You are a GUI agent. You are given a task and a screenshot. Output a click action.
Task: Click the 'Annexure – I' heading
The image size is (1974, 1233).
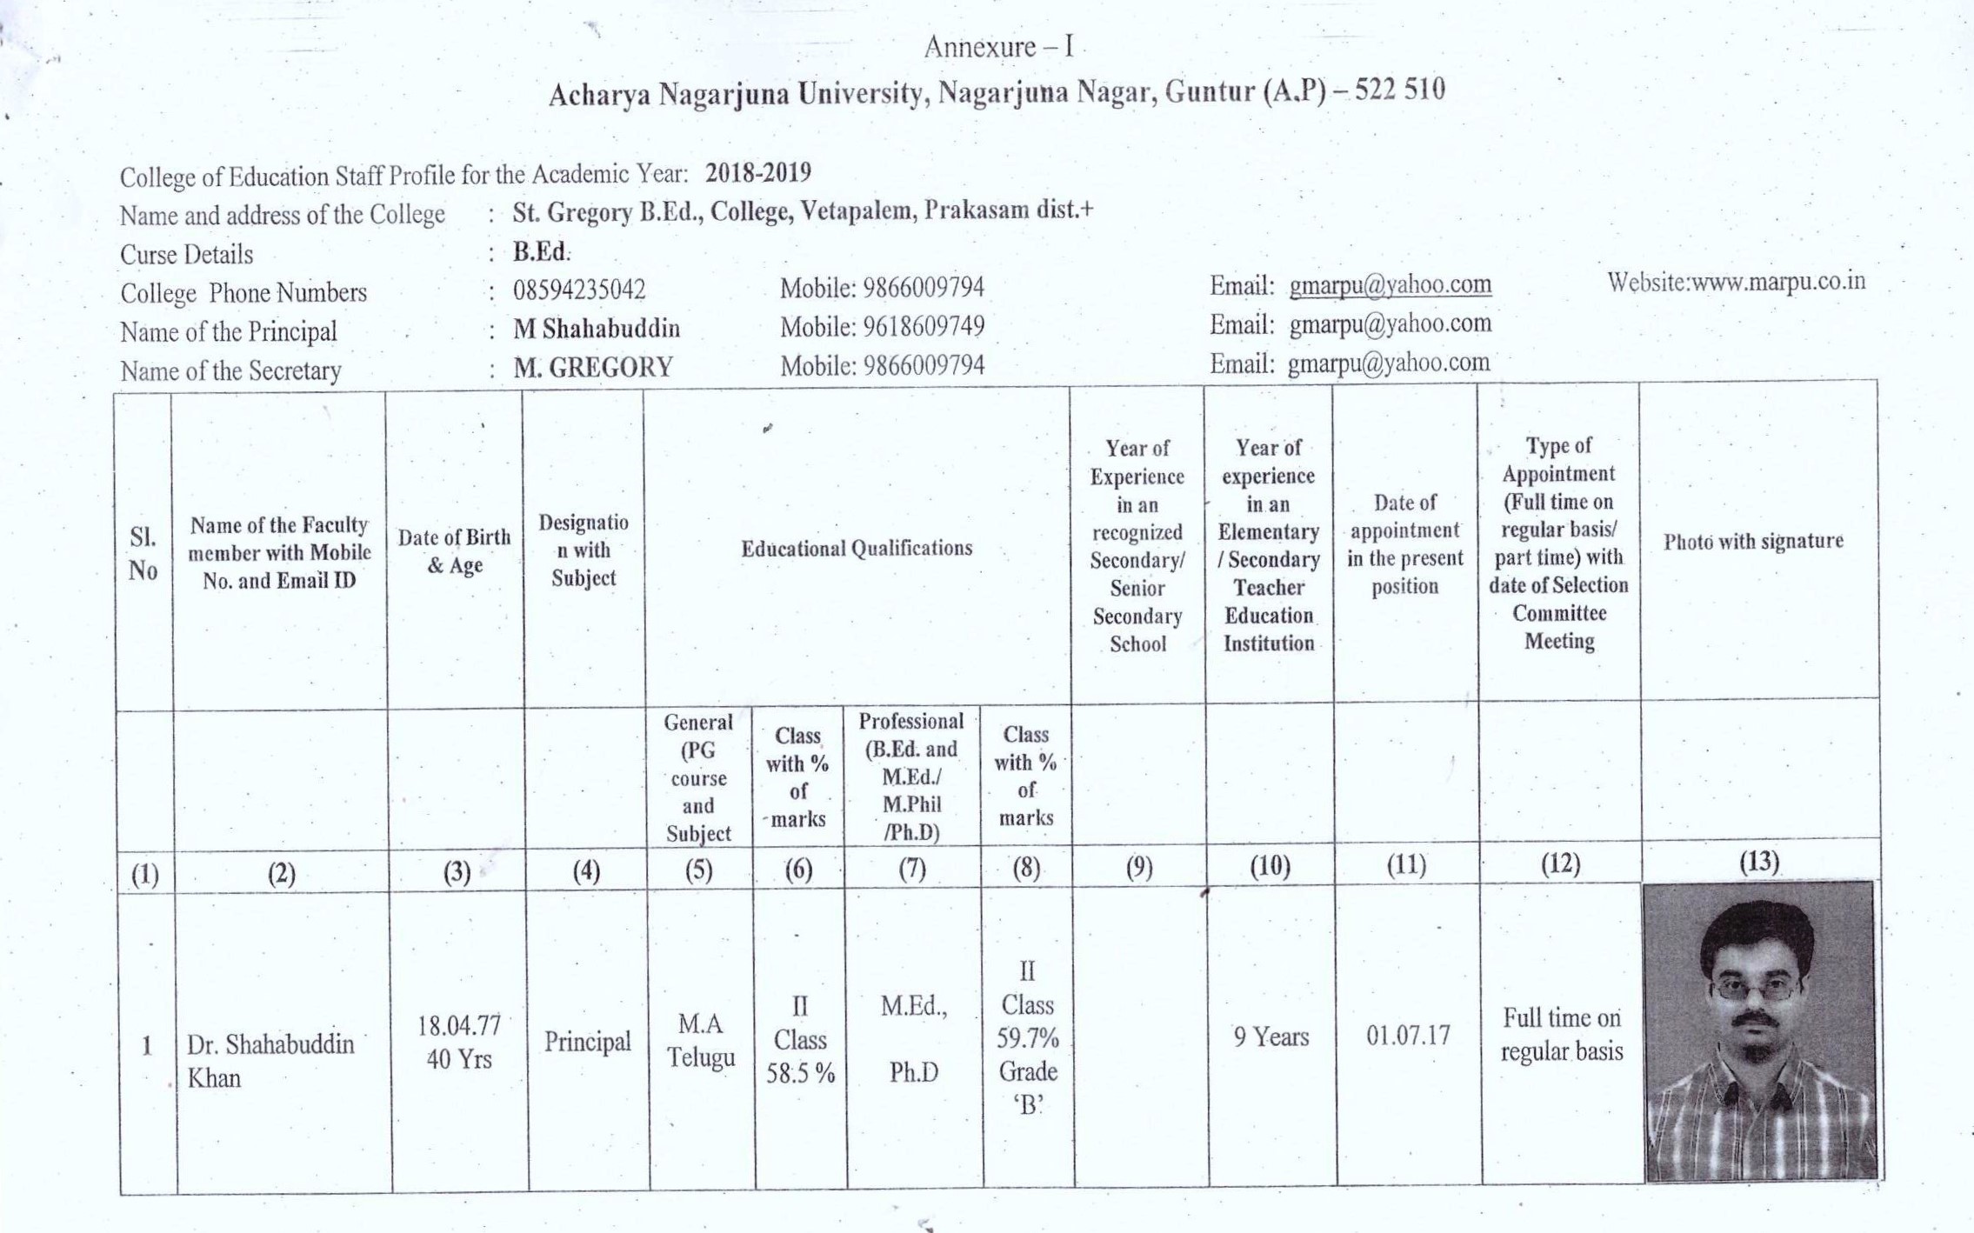pos(998,47)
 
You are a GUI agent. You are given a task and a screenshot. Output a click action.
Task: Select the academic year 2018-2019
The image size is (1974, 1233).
pos(757,173)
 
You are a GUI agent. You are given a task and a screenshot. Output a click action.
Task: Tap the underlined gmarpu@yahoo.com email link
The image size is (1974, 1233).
pos(1390,285)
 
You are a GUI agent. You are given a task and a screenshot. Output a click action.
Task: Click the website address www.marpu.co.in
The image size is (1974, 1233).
pos(1736,282)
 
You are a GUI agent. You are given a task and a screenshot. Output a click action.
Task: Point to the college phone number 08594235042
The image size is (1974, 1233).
pos(579,290)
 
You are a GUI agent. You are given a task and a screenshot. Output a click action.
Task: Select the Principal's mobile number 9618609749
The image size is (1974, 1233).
pos(924,327)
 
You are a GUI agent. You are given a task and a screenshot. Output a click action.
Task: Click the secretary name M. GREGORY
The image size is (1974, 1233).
pos(593,368)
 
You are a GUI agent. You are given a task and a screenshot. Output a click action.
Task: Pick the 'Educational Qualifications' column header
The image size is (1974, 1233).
pos(857,549)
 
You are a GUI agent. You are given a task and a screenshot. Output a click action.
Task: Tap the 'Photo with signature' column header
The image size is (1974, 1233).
pos(1753,542)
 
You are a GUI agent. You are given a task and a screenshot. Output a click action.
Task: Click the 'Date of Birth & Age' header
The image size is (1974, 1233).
pos(454,551)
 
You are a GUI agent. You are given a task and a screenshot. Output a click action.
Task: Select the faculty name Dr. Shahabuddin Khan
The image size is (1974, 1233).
pos(270,1061)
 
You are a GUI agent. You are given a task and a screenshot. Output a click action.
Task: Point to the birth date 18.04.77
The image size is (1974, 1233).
pos(459,1026)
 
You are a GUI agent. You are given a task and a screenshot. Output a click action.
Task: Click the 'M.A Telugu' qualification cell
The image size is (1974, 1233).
pos(700,1041)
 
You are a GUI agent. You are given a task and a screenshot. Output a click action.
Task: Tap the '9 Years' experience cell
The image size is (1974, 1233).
pos(1270,1037)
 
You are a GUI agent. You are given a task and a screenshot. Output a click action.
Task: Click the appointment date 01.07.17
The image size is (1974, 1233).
pos(1407,1036)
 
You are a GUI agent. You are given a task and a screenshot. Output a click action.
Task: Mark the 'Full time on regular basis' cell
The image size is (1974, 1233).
pos(1562,1035)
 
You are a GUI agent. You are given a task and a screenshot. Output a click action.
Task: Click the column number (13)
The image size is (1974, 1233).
pos(1758,862)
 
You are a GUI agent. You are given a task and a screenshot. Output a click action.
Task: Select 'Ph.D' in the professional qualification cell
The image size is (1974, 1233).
pos(913,1073)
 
